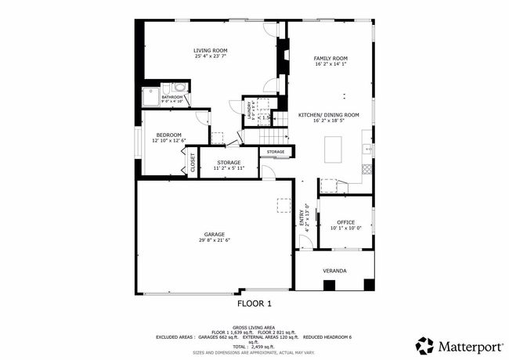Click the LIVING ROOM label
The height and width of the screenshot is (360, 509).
click(x=211, y=50)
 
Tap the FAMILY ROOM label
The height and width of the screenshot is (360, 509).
click(x=330, y=59)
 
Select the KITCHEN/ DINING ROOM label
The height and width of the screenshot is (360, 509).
click(x=329, y=115)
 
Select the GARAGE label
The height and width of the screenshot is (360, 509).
click(x=214, y=234)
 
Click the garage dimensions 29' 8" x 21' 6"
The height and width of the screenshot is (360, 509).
click(x=214, y=240)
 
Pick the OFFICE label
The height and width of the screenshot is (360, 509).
click(x=345, y=222)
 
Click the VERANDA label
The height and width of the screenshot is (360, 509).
click(x=334, y=271)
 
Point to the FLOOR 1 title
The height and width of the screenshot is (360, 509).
click(x=254, y=303)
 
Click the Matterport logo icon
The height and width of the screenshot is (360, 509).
click(x=425, y=345)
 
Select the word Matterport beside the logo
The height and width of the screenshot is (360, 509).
click(x=467, y=345)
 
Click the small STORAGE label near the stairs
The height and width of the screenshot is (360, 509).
click(x=276, y=151)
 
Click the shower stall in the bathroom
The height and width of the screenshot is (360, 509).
click(x=150, y=95)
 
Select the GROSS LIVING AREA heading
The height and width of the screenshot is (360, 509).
click(x=254, y=326)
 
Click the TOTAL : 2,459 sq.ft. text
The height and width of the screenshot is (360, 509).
click(x=254, y=346)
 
